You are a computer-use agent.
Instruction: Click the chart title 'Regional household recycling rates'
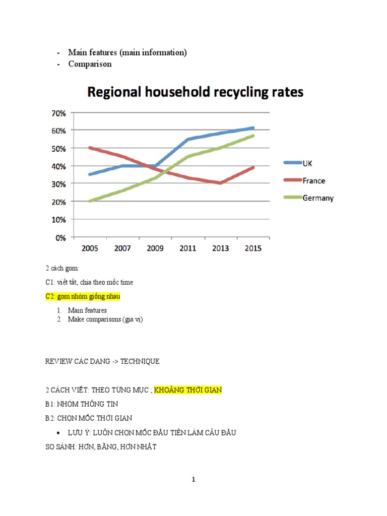point(196,92)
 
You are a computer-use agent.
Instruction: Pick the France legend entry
point(314,180)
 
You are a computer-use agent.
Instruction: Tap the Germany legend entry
point(317,198)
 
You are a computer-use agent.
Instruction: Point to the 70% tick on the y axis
point(57,113)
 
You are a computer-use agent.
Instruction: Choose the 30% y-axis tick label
point(57,184)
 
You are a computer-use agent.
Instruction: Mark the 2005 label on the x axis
point(90,248)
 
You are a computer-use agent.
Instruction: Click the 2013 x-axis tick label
point(221,248)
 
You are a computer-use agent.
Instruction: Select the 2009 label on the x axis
point(155,248)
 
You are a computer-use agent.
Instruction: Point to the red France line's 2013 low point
point(221,183)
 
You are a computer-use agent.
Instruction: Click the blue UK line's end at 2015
point(253,128)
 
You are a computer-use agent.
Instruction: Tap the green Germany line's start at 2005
point(90,201)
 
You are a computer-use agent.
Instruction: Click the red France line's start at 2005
point(90,148)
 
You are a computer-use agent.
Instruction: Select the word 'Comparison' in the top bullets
point(90,64)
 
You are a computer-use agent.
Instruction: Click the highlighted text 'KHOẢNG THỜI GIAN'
point(187,390)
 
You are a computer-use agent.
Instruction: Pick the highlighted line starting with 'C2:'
point(83,296)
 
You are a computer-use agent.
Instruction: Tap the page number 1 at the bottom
point(193,480)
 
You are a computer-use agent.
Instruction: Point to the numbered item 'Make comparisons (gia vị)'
point(105,319)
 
